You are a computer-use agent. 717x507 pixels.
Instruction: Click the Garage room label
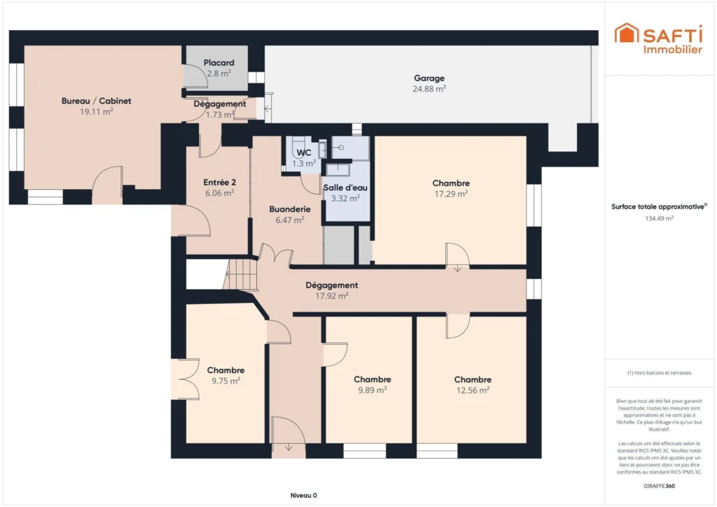tap(429, 78)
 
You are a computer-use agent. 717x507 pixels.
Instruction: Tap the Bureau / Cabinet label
tap(97, 101)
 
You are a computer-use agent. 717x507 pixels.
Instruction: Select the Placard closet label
tap(218, 62)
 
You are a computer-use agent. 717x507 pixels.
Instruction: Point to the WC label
tap(304, 153)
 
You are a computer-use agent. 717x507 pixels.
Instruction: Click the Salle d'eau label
tap(345, 188)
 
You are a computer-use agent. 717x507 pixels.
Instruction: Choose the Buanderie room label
tap(290, 209)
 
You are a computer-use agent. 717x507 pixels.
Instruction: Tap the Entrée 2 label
tap(219, 182)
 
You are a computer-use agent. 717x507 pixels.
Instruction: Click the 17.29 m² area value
tap(451, 194)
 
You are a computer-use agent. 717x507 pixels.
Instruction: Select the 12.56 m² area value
tap(473, 390)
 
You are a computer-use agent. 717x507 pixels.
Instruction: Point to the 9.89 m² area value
tap(373, 390)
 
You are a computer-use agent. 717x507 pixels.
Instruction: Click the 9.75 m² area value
tap(226, 381)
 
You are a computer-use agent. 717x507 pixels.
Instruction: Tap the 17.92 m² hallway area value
tap(332, 296)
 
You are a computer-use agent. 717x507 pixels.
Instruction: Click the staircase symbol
tap(241, 275)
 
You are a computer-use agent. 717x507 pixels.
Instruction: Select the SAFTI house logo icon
tap(627, 33)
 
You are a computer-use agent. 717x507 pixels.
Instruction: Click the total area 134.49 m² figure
tap(659, 218)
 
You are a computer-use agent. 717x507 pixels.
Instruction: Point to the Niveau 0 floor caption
tap(304, 495)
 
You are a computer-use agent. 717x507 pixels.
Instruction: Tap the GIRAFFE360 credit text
tap(659, 486)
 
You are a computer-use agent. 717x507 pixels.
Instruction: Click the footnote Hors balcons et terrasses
tap(659, 373)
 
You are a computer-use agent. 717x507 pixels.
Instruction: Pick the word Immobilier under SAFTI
tap(673, 50)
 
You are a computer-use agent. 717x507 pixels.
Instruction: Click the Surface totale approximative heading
tap(659, 207)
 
